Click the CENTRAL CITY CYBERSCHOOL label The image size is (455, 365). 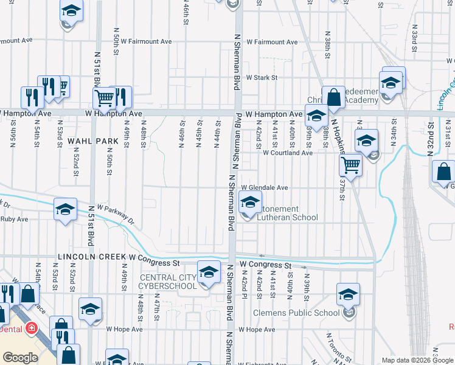tap(168, 282)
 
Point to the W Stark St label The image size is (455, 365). tap(258, 78)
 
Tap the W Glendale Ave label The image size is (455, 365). tap(265, 188)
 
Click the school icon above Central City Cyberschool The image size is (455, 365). tap(209, 271)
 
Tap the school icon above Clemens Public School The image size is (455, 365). tap(348, 295)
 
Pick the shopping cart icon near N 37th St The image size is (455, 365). tap(350, 164)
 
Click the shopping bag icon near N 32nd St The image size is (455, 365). tap(444, 172)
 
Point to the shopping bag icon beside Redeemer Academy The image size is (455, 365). tap(333, 97)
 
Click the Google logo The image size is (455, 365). tap(20, 358)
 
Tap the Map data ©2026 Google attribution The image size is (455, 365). tap(417, 360)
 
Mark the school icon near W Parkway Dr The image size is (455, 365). tap(65, 210)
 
